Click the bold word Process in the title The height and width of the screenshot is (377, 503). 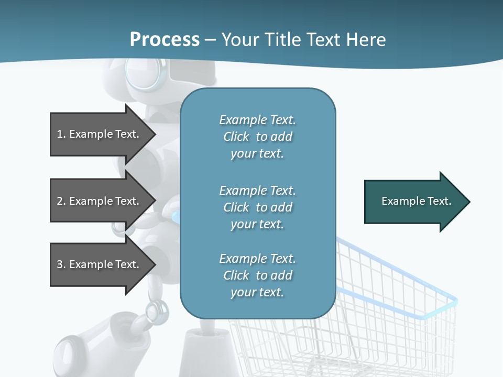pos(165,40)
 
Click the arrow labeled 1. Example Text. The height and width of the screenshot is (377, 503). pos(100,134)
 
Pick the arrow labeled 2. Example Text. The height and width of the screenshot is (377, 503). pos(100,201)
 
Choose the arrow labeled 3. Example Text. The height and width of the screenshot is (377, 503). pos(100,264)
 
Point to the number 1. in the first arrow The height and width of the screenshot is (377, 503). pos(61,134)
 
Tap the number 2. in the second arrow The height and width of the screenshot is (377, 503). pos(61,201)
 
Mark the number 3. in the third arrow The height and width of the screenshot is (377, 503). pos(61,264)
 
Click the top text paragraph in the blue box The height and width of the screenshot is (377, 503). pos(257,137)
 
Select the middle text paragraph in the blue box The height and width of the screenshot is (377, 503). pos(257,207)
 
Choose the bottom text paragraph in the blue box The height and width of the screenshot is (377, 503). pos(257,275)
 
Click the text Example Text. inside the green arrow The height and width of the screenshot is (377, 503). pos(416,201)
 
